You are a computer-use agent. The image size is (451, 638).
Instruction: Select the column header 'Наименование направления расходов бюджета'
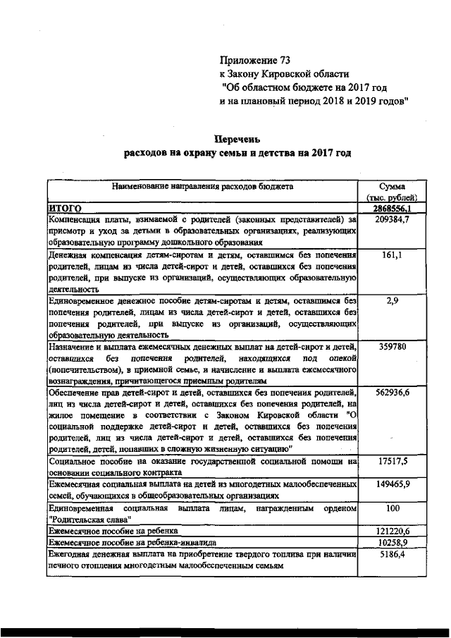click(x=202, y=187)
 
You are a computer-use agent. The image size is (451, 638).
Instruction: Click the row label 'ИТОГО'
click(x=65, y=209)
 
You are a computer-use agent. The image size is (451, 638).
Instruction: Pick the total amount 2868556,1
click(x=393, y=209)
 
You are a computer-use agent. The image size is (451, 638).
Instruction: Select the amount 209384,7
click(x=393, y=220)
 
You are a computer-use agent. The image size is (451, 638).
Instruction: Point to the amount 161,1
click(x=392, y=254)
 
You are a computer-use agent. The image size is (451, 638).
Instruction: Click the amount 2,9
click(x=393, y=300)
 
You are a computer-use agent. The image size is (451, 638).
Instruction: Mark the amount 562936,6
click(x=393, y=391)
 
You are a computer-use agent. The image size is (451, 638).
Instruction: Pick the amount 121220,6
click(x=393, y=529)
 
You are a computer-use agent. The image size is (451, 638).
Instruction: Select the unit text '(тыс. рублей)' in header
click(x=392, y=197)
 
